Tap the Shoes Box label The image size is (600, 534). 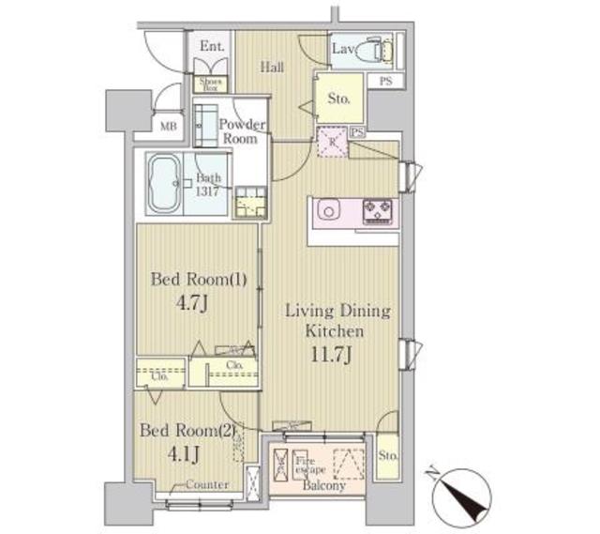(x=208, y=84)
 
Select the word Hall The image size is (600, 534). (x=273, y=66)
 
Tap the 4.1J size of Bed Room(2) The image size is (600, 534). (x=185, y=456)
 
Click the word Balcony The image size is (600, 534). (x=324, y=486)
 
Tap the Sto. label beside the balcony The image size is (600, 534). (x=389, y=457)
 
